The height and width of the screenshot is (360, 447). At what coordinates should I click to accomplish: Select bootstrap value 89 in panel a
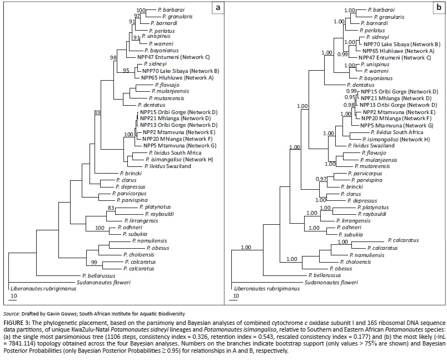pos(97,112)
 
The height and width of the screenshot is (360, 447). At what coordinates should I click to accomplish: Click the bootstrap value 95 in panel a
pos(126,71)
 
